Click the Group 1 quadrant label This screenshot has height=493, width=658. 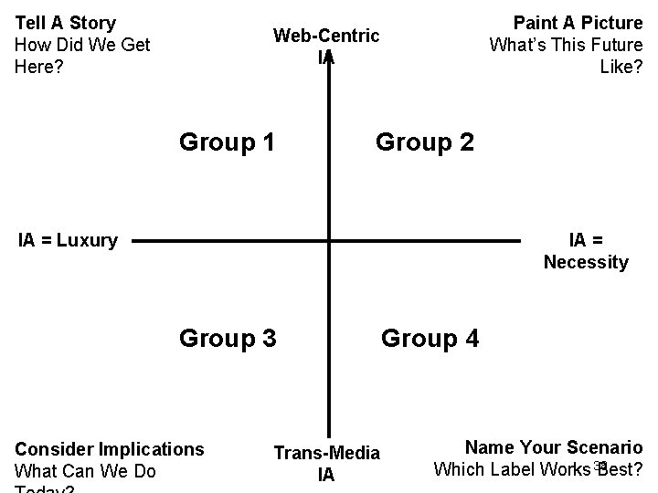[228, 142]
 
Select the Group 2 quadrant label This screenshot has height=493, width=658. [425, 142]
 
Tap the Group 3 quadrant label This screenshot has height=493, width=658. [228, 339]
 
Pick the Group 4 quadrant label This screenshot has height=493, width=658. [430, 339]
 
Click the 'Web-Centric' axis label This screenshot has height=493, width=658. [326, 36]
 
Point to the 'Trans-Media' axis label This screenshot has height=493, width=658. [326, 453]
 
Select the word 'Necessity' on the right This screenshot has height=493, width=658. [586, 263]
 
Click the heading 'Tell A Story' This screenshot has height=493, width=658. [66, 23]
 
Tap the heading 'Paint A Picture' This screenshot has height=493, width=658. [578, 23]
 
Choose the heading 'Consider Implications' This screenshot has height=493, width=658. [110, 449]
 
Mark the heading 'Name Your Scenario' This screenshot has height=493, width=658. [554, 447]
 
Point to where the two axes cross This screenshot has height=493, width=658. [327, 242]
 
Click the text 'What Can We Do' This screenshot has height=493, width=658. [86, 471]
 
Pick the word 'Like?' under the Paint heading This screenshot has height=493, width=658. [621, 66]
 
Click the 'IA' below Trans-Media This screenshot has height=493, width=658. [326, 475]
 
